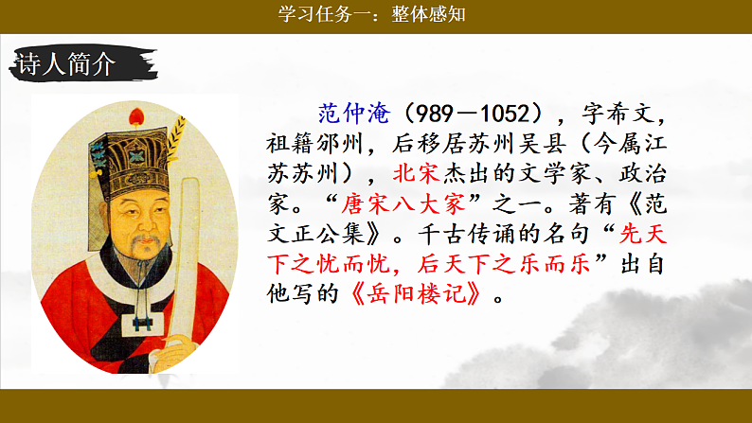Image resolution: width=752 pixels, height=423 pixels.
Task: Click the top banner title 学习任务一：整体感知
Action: tap(375, 14)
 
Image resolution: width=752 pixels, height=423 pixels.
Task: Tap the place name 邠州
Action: tap(341, 145)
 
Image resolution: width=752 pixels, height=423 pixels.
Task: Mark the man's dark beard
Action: tap(142, 270)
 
